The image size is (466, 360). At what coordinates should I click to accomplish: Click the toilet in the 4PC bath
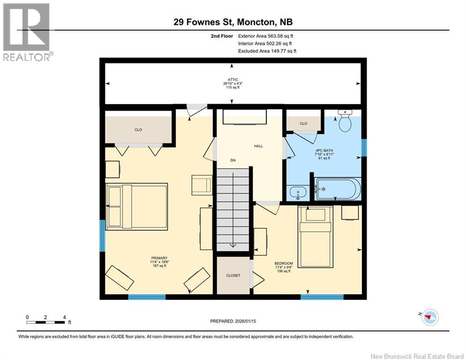click(345, 121)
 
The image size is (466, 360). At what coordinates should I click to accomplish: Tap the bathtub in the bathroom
click(338, 189)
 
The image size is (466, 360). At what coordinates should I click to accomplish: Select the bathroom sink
click(298, 193)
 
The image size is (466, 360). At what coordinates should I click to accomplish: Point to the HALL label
click(259, 146)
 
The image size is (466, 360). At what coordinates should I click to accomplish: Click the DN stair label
click(233, 160)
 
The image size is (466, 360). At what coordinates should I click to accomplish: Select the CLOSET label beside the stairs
click(233, 276)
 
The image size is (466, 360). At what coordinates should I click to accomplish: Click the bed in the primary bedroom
click(137, 206)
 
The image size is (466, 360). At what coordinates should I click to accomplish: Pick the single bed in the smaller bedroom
click(315, 237)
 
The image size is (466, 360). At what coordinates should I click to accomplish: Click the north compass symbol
click(430, 317)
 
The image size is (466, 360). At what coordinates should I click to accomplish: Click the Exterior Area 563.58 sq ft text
click(266, 36)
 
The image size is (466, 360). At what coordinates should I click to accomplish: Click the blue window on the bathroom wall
click(364, 148)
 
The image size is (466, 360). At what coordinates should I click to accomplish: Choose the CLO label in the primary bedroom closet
click(139, 130)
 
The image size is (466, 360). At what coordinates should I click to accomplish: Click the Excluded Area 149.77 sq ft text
click(267, 51)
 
